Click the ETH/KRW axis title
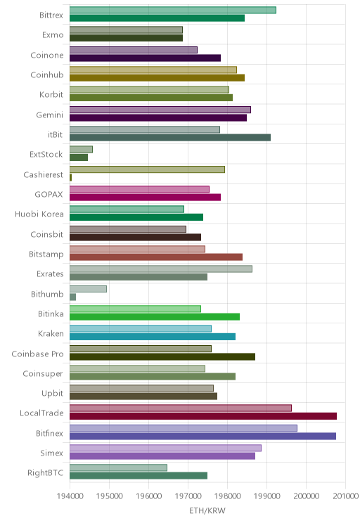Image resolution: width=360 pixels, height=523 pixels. click(x=207, y=510)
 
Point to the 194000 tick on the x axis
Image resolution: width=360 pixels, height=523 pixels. click(x=70, y=496)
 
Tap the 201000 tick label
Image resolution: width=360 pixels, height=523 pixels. click(x=346, y=496)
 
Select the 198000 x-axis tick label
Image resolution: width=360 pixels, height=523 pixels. click(x=228, y=496)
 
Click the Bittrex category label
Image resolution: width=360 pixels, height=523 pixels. click(x=51, y=15)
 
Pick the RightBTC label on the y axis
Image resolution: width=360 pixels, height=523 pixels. click(x=46, y=472)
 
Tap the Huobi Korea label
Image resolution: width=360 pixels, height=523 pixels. click(x=39, y=214)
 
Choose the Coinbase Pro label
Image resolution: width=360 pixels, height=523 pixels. click(x=37, y=354)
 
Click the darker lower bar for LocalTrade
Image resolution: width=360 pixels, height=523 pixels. click(x=203, y=416)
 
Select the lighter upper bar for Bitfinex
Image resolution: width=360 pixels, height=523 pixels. click(x=184, y=428)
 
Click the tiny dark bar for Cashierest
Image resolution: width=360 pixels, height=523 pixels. click(x=71, y=177)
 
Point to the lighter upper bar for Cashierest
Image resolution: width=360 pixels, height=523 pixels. click(x=147, y=169)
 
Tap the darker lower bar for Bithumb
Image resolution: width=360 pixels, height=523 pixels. click(x=72, y=297)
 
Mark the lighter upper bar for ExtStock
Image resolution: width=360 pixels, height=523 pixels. click(x=81, y=150)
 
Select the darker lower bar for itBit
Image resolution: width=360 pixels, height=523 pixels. click(x=170, y=137)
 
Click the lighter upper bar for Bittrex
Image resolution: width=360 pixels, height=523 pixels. click(x=173, y=10)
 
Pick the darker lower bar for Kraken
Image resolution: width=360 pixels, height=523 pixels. click(x=153, y=337)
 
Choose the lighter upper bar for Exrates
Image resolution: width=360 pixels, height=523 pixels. click(x=161, y=269)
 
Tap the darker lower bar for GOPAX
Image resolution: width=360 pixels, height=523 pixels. click(x=145, y=197)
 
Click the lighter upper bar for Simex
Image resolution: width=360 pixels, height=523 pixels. click(x=165, y=448)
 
